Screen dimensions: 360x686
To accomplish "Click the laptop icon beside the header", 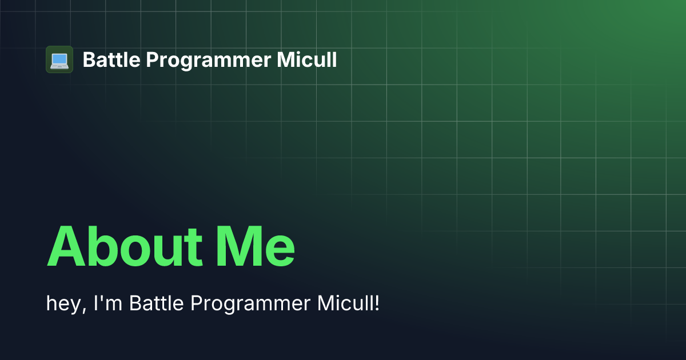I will [59, 59].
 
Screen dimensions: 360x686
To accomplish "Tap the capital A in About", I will [67, 247].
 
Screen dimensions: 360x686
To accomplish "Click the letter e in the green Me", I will [281, 251].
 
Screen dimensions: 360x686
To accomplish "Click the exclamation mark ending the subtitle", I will [377, 303].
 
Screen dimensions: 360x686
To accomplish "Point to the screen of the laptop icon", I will [59, 58].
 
